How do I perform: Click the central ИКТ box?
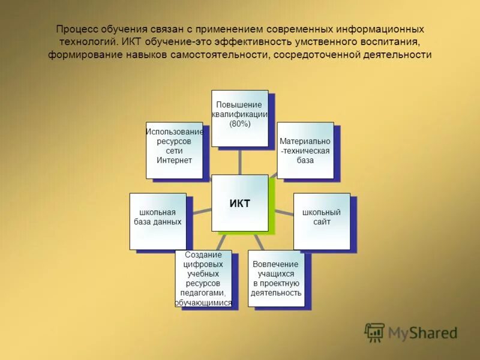239,202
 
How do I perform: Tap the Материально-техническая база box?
305,150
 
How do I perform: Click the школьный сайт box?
321,221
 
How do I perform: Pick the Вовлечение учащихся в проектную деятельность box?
276,278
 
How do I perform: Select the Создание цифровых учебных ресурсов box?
203,278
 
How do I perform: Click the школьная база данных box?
157,221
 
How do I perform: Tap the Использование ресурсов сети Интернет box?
174,150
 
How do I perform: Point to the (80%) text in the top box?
239,124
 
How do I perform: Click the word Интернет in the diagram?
174,160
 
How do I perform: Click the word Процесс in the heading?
75,29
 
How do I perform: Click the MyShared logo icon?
374,332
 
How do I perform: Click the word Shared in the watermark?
433,332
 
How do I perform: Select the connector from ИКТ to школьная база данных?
199,211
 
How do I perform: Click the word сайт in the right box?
321,222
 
